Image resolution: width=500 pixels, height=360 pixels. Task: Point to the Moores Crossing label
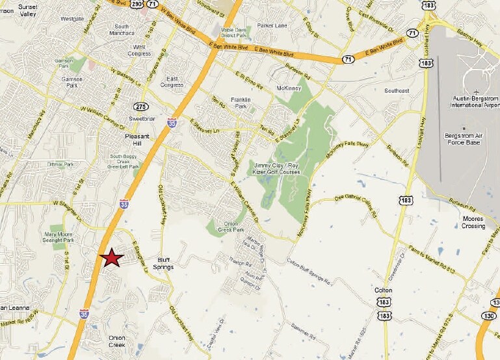coord(473,222)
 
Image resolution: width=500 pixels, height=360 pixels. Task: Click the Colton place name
coord(383,290)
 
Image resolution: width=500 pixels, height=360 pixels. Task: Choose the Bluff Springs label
coord(163,263)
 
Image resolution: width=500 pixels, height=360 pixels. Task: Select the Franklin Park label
coord(241,102)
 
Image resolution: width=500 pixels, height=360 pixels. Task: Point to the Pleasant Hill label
coord(137,140)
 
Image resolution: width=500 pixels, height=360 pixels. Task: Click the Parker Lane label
coord(272,26)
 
